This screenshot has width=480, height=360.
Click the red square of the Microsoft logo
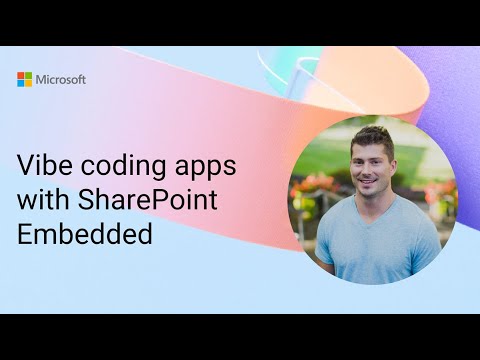click(x=21, y=75)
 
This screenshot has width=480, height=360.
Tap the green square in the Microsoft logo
click(x=29, y=75)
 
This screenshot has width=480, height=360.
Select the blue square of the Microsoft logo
click(x=21, y=83)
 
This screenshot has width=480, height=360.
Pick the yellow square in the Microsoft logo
click(x=29, y=83)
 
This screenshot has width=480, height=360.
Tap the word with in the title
click(x=41, y=199)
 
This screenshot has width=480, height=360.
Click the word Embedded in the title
click(x=85, y=234)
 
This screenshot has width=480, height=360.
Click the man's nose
click(x=373, y=173)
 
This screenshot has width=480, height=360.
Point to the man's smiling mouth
click(x=373, y=186)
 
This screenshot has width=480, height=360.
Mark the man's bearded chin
click(x=374, y=198)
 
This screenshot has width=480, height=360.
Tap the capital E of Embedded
click(x=25, y=234)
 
